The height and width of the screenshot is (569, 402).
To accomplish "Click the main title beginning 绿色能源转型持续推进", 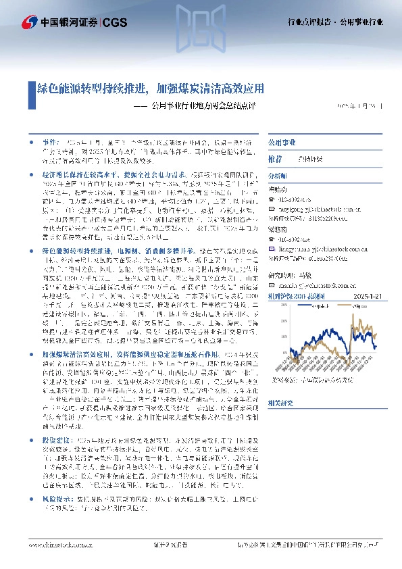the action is (x=149, y=88).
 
